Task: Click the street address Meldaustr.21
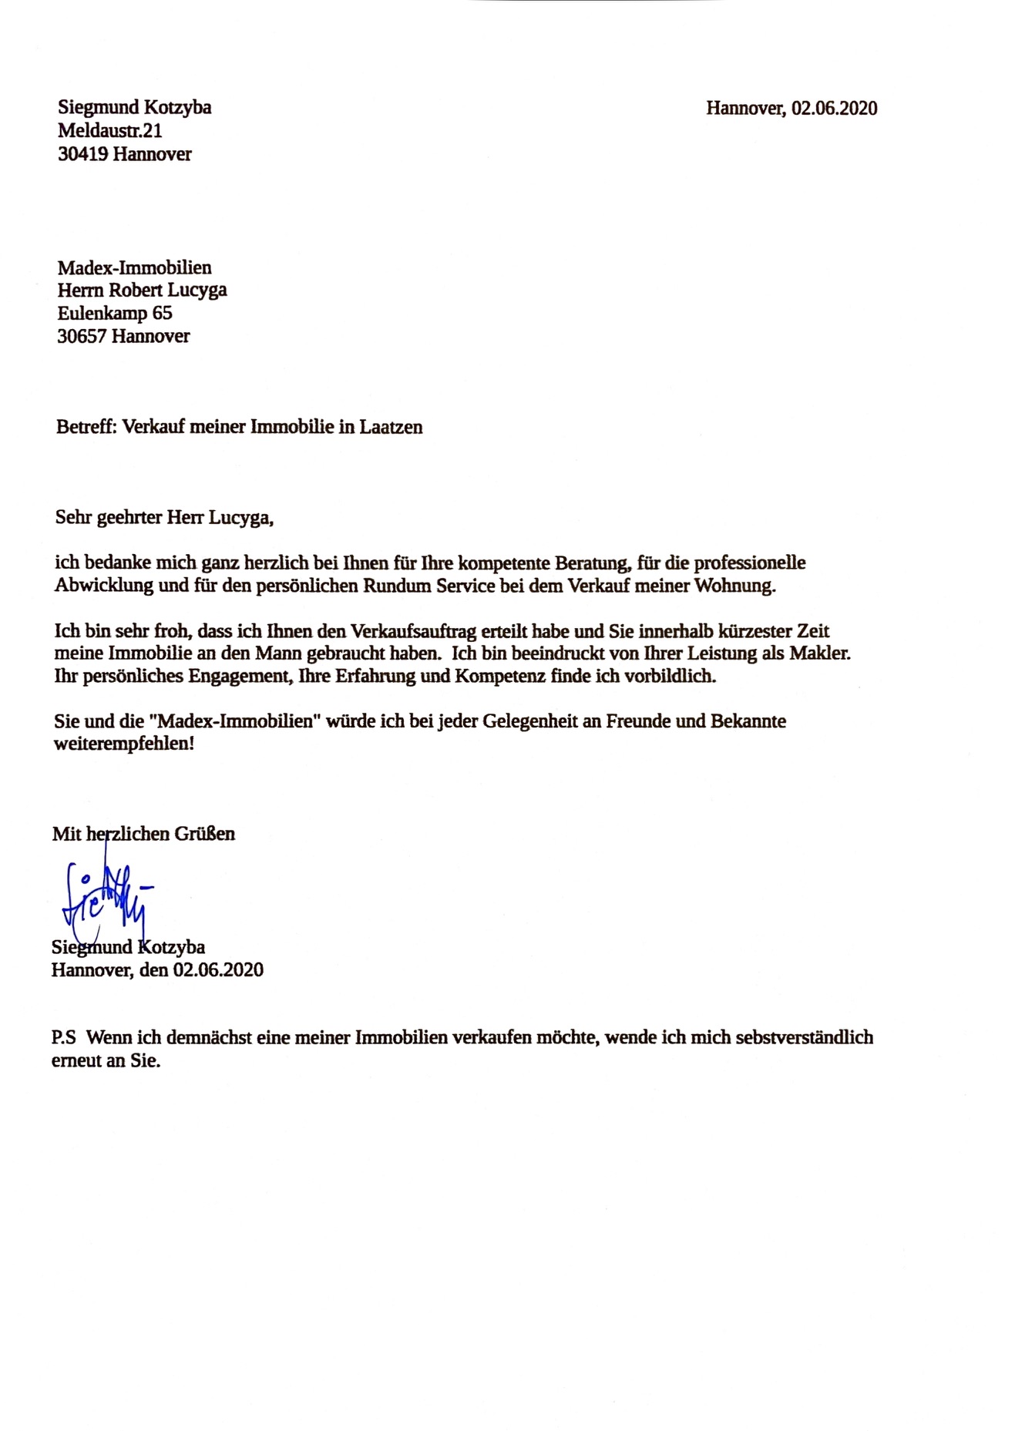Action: (109, 131)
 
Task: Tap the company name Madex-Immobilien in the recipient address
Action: (134, 267)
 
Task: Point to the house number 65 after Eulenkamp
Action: (162, 313)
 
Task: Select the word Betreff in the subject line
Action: (85, 427)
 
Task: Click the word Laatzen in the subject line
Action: (391, 427)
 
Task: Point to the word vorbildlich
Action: (668, 676)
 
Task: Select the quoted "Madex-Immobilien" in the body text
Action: (234, 721)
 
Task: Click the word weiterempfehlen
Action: (123, 744)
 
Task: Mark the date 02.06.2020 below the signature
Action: (218, 969)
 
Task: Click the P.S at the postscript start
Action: (63, 1037)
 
